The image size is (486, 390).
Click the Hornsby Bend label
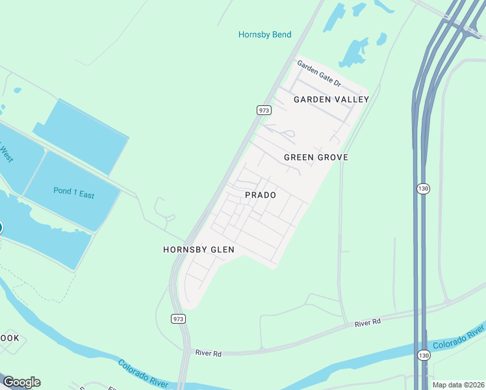click(x=264, y=34)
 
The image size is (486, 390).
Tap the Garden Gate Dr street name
click(x=319, y=73)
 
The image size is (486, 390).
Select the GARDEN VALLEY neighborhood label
click(x=331, y=99)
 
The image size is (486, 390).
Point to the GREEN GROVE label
click(x=316, y=157)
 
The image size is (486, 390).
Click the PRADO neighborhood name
click(x=261, y=195)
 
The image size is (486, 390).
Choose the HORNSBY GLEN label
click(x=198, y=250)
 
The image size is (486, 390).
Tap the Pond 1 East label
click(x=73, y=194)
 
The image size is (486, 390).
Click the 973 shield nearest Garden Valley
click(x=263, y=110)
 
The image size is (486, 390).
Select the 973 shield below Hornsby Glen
click(x=178, y=318)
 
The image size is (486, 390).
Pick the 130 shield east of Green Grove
click(x=422, y=188)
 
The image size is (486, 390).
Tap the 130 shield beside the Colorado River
click(x=424, y=355)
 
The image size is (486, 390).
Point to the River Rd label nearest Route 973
click(x=209, y=353)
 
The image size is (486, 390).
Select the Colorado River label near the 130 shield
click(x=459, y=337)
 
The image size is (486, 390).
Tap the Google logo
click(x=21, y=382)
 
